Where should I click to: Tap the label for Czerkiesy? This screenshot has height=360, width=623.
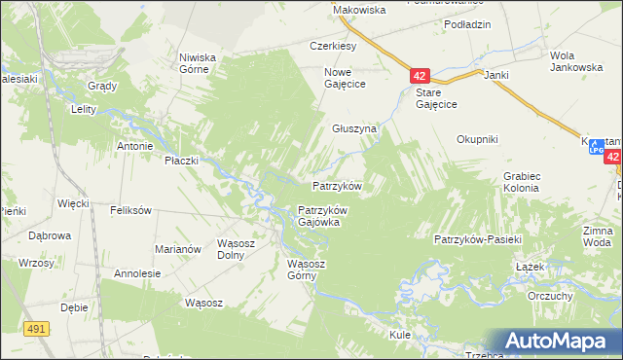(334, 46)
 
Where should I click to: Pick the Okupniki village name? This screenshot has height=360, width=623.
(477, 139)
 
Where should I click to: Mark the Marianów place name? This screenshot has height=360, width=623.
(177, 249)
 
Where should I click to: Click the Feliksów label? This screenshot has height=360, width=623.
(130, 210)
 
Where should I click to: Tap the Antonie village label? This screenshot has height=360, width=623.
(135, 147)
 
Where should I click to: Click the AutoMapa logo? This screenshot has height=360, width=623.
(554, 341)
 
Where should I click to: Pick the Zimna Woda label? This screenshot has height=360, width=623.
(597, 235)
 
